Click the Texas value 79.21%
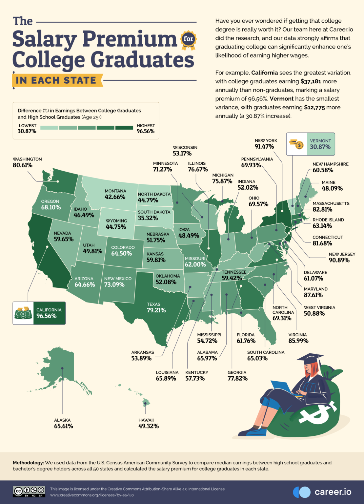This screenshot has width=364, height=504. (x=156, y=310)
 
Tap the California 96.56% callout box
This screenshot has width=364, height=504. (x=39, y=313)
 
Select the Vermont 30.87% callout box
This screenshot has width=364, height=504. (x=311, y=144)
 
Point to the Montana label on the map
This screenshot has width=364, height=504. (x=115, y=191)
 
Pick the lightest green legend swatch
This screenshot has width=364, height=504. (x=49, y=128)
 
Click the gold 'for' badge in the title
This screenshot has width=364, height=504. (x=188, y=39)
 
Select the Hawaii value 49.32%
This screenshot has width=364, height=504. (x=148, y=426)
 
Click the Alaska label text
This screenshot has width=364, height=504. (x=62, y=420)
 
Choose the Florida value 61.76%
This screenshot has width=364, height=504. (x=246, y=341)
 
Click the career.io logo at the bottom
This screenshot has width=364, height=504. (x=322, y=492)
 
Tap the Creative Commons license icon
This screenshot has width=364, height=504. (x=29, y=491)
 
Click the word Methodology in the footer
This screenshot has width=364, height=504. (x=28, y=463)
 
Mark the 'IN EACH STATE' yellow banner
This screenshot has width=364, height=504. (x=56, y=80)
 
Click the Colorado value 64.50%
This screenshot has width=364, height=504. (x=121, y=254)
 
